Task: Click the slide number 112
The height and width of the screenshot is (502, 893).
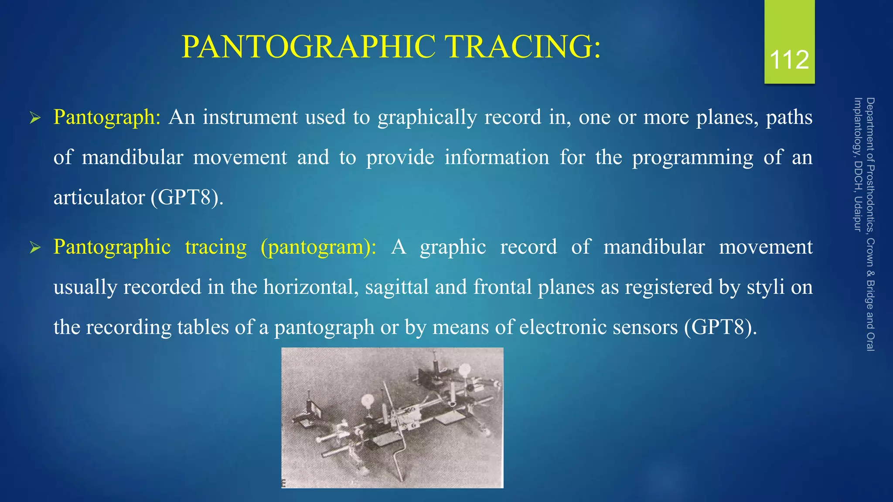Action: click(x=789, y=60)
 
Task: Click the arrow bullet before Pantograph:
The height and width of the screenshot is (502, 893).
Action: click(x=35, y=118)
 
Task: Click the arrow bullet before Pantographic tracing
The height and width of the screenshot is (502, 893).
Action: click(x=35, y=248)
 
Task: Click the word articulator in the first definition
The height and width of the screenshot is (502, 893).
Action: click(x=99, y=198)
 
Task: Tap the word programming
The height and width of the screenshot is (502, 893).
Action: click(x=692, y=158)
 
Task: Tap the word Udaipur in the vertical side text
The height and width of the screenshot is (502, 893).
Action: click(x=858, y=214)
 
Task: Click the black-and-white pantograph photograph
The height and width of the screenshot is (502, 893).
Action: click(x=392, y=417)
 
